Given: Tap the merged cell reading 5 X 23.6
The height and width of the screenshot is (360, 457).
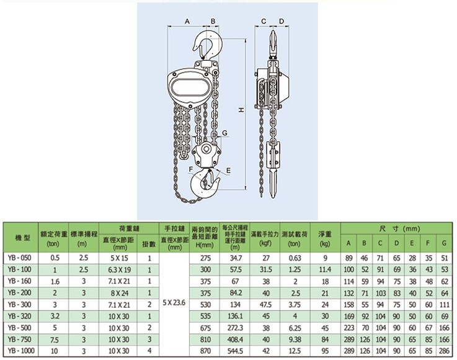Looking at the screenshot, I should [174, 304].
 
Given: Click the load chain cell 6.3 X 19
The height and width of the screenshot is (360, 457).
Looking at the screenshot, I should [118, 270].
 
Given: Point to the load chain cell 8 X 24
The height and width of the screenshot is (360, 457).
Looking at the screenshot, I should [118, 293].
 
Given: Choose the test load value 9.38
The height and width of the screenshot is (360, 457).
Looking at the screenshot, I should [295, 339].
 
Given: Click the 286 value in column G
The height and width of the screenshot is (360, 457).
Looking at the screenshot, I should [444, 350].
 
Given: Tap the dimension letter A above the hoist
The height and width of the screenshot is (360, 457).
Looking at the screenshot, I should [187, 22].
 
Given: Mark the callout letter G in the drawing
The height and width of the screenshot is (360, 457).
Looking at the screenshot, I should [225, 133].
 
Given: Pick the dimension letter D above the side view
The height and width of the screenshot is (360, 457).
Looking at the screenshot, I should [282, 22].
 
